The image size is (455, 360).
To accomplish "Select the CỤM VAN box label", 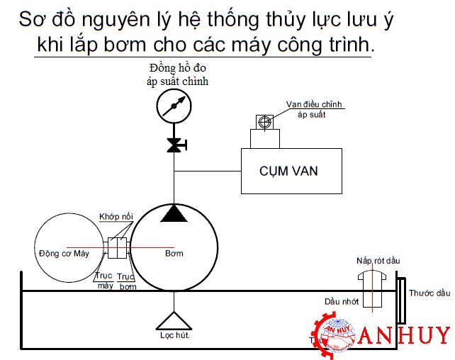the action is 288,171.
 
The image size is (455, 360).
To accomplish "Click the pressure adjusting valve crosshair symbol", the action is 264,122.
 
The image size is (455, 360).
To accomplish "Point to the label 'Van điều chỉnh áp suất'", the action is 314,109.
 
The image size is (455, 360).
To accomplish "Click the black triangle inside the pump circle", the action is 174,213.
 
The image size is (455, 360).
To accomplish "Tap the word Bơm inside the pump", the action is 174,253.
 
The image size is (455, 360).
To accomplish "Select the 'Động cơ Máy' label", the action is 64,253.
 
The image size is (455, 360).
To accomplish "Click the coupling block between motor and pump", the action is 117,248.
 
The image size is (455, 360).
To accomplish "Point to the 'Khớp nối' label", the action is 116,216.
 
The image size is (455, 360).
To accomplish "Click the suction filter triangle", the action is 174,321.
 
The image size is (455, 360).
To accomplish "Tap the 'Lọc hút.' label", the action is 174,335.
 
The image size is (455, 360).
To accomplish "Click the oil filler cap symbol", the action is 372,288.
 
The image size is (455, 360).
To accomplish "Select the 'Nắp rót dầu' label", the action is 378,261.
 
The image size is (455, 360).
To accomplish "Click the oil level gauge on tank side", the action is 402,300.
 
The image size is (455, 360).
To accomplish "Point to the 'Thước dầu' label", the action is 429,293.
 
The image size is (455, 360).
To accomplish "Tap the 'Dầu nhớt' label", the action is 342,302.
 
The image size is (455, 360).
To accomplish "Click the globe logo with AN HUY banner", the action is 338,335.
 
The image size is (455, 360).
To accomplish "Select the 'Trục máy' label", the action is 104,281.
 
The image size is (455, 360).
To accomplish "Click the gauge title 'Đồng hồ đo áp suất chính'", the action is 178,75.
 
